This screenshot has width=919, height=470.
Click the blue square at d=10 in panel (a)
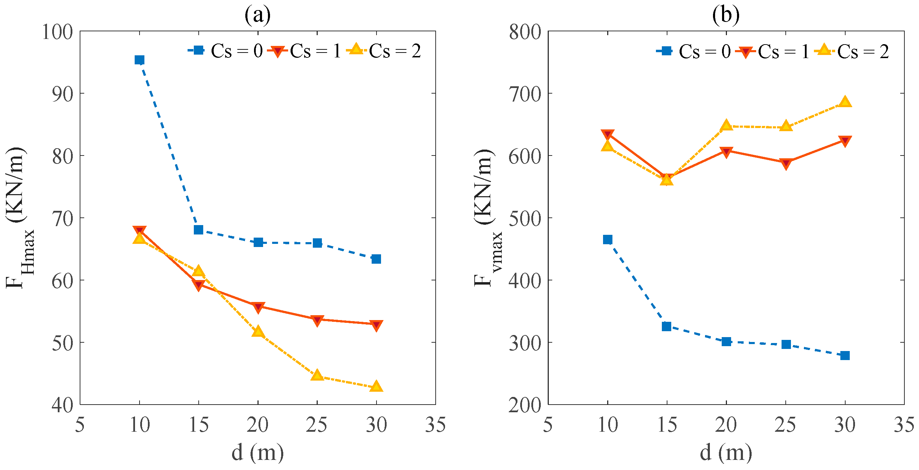139,60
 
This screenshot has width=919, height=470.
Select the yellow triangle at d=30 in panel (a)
376,387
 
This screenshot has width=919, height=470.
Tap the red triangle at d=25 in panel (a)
317,320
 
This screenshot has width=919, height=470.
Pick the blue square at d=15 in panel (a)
198,230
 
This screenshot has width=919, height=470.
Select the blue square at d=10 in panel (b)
608,239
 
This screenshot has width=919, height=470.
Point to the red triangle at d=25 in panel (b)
786,163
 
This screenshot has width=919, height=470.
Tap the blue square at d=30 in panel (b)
845,356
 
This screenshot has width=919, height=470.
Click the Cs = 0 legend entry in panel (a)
225,51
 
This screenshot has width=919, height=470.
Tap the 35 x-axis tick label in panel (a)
435,425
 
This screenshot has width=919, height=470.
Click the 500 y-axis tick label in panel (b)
525,218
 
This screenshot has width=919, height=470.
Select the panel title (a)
257,15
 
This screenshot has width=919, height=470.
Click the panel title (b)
726,15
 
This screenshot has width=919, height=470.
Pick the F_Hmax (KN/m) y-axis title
19,217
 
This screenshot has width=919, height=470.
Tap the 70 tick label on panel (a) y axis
62,218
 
